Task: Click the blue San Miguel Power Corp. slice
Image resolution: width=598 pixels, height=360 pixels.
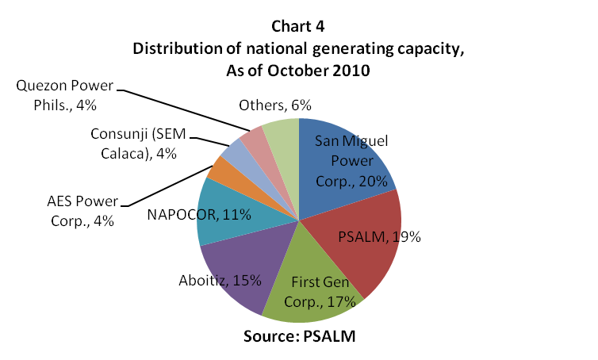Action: [349, 151]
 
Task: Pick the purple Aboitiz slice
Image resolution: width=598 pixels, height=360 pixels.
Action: [238, 270]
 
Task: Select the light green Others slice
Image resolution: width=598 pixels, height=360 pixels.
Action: [282, 135]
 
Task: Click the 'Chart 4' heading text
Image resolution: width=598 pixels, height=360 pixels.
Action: [298, 31]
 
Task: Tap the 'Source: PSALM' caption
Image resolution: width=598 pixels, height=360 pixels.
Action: [298, 335]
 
